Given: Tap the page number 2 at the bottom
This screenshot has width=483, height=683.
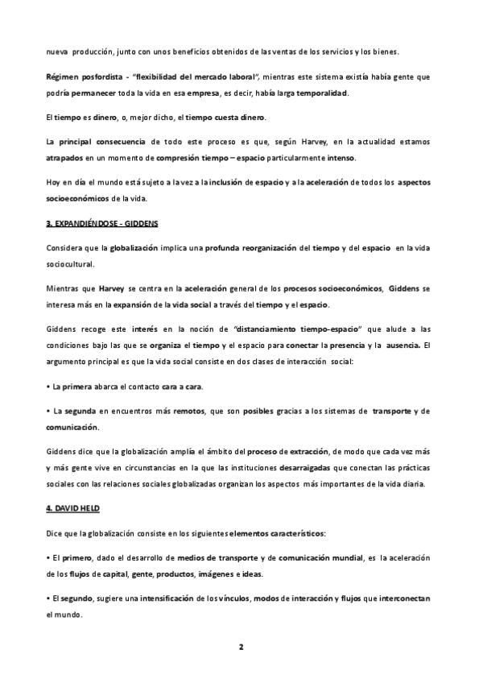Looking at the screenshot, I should [x=241, y=647].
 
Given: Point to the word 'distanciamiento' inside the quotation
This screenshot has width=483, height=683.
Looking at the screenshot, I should [x=279, y=329].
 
